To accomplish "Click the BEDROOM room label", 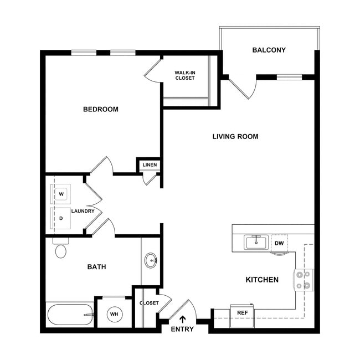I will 100,109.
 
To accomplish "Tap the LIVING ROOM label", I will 235,136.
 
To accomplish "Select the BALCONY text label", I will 269,50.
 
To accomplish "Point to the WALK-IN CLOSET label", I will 185,75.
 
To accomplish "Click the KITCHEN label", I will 262,280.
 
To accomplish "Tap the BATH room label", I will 97,267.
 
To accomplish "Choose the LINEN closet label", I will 150,165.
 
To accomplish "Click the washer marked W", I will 61,194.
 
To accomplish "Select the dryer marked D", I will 61,218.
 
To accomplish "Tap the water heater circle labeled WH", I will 114,314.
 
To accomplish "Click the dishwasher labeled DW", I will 279,243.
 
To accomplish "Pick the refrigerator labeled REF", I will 242,313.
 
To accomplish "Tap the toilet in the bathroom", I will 60,250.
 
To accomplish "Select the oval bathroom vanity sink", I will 150,260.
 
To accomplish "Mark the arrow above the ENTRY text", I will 183,319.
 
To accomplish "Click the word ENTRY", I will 183,330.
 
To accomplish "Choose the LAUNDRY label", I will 83,211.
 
